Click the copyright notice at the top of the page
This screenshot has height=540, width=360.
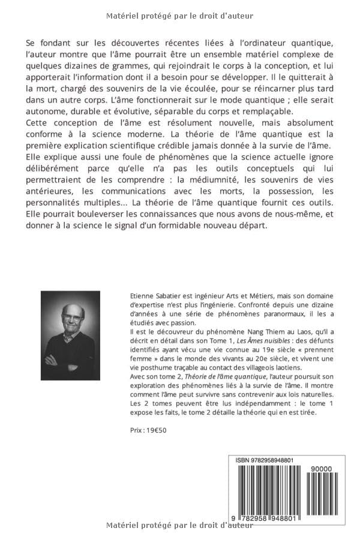[179, 16]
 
